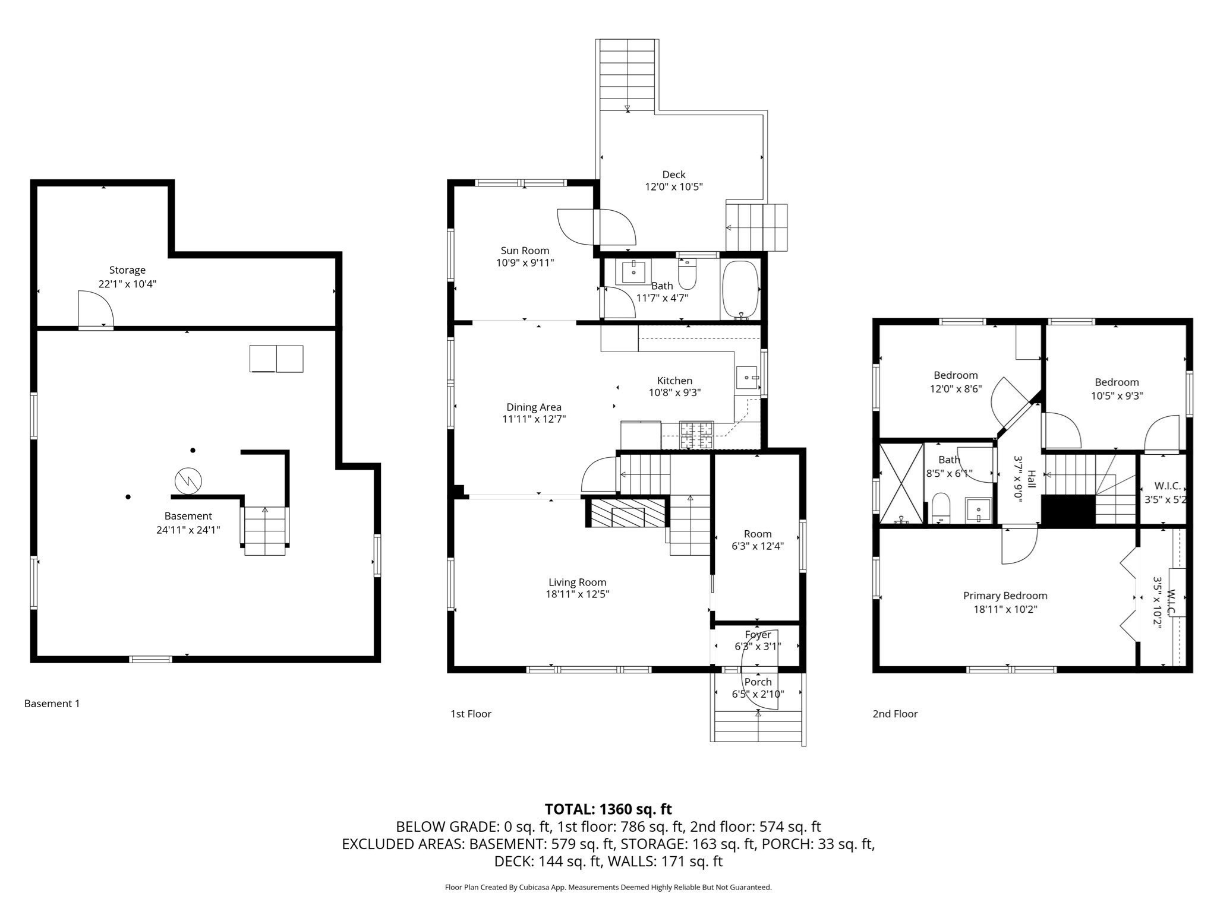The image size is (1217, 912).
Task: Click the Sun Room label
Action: point(525,251)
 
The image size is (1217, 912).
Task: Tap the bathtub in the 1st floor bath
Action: point(740,290)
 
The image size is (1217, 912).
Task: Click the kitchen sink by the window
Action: point(747,377)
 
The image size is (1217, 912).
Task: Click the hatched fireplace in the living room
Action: point(628,512)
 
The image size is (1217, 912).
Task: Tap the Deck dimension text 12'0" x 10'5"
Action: point(674,186)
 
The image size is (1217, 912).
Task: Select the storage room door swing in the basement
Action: point(95,309)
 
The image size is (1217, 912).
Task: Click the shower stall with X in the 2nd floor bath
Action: point(901,483)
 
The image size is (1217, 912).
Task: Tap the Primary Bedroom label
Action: point(1005,596)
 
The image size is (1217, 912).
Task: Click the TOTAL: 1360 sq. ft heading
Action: point(608,809)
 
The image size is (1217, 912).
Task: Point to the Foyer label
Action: point(758,635)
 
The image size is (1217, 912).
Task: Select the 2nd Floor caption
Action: point(895,714)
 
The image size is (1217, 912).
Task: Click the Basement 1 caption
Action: point(52,704)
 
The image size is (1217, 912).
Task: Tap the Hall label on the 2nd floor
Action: point(1032,479)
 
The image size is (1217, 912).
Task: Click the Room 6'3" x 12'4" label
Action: point(758,540)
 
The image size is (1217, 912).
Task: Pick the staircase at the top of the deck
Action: point(627,75)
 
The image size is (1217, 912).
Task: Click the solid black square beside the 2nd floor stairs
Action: point(1068,509)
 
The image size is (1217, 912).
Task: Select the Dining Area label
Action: point(534,407)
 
